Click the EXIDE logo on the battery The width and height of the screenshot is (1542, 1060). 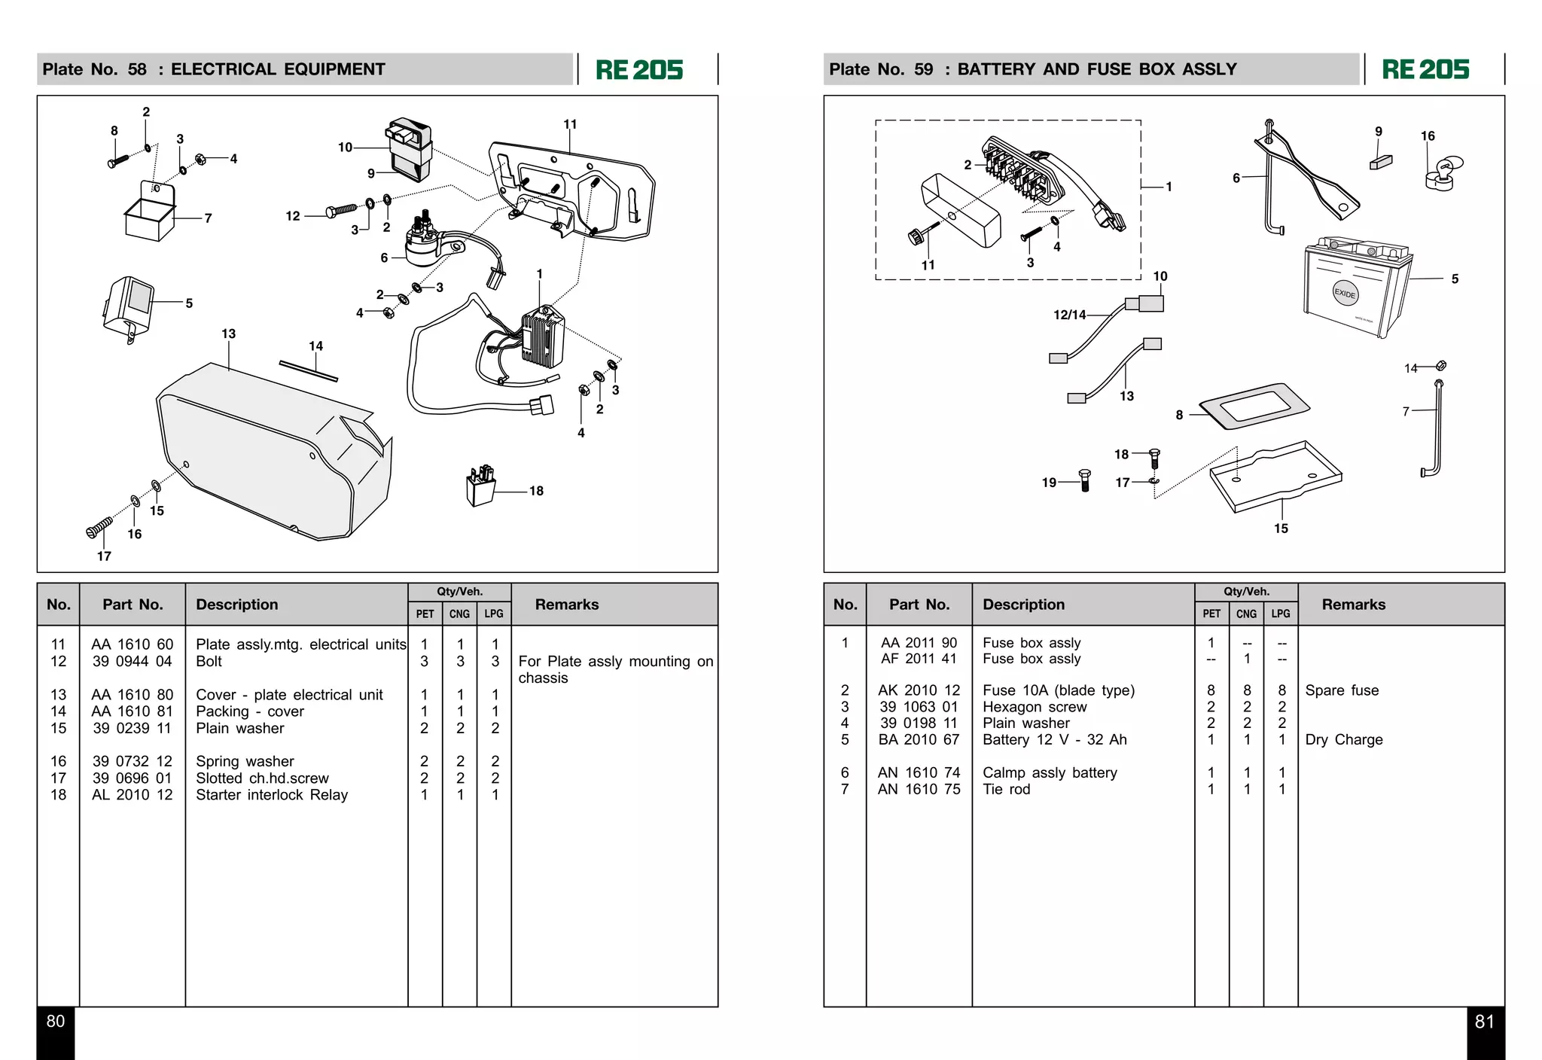pos(1345,293)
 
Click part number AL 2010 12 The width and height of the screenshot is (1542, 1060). pos(132,795)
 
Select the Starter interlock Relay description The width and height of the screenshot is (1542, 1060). pos(272,795)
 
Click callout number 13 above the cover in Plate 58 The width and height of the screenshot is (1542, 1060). pos(228,334)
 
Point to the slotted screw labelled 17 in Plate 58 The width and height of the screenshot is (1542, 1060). pos(99,526)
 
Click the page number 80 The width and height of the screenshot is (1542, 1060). pos(56,1022)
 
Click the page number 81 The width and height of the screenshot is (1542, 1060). pos(1484,1022)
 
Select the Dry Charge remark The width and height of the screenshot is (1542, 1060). pos(1343,739)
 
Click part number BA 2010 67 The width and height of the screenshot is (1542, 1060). pos(919,739)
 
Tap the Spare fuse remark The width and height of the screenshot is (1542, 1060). pos(1342,690)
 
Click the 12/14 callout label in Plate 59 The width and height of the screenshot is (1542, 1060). pos(1069,315)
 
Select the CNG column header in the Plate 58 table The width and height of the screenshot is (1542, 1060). pos(459,614)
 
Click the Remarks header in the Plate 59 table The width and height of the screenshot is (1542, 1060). pos(1353,605)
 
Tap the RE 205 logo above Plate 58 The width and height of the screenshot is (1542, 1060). pos(639,70)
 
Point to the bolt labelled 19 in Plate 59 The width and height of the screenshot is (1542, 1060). pos(1084,480)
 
